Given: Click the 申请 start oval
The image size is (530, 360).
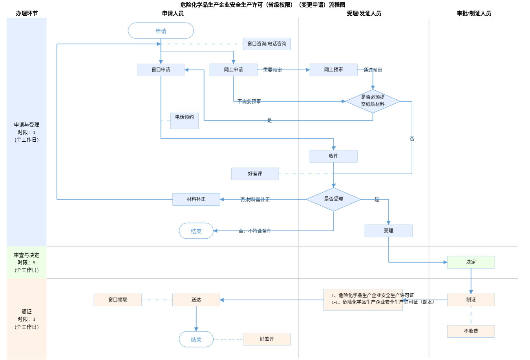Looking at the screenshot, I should click(x=161, y=31).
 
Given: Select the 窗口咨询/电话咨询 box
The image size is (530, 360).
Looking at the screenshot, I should click(x=267, y=44).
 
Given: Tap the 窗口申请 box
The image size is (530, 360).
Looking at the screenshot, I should click(x=161, y=70).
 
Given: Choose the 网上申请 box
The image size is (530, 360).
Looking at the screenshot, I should click(x=233, y=70).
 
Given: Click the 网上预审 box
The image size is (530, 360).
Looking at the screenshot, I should click(x=333, y=70).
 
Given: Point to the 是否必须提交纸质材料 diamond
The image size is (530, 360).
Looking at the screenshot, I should click(x=373, y=101).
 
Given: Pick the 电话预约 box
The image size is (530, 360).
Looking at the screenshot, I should click(x=184, y=121).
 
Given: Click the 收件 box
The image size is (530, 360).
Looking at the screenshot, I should click(x=333, y=156).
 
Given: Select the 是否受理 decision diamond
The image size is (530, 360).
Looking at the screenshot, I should click(x=333, y=199).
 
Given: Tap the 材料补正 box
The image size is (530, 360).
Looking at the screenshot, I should click(x=196, y=199).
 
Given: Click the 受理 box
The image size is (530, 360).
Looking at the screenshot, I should click(x=388, y=231).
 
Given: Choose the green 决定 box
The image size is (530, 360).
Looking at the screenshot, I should click(x=471, y=262).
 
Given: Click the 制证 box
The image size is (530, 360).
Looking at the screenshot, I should click(x=471, y=300).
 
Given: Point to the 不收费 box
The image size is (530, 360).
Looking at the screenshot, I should click(x=471, y=331).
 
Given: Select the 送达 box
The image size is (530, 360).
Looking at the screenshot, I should click(x=196, y=300).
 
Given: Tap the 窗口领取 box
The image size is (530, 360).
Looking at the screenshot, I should click(x=117, y=300).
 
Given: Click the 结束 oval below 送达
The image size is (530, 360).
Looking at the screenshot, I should click(x=196, y=339).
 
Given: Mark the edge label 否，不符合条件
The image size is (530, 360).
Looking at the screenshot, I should click(x=255, y=231).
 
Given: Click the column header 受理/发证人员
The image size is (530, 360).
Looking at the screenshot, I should click(x=364, y=13).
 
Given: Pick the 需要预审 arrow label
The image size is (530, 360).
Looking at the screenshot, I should click(x=272, y=70).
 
